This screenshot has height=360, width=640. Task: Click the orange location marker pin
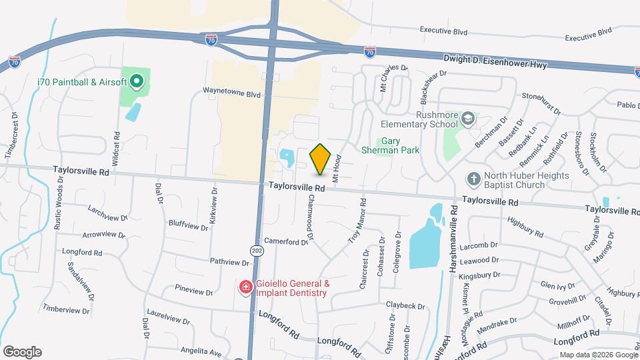pos(320,159)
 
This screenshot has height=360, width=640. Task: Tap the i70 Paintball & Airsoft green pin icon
pos(137,82)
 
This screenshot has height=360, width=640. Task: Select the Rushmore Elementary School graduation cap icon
pos(469,118)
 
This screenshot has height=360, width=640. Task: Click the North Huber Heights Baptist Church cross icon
pos(473,179)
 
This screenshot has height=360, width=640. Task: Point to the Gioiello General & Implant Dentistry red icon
pos(245,287)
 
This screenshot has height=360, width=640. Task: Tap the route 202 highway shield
pos(257,249)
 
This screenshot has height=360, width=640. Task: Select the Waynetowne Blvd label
pos(231,95)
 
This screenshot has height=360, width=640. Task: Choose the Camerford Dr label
pos(285,241)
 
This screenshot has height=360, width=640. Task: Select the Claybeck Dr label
pos(405,305)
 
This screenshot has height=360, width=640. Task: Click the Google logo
pos(22,351)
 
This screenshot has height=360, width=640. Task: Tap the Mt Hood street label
pos(337,169)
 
